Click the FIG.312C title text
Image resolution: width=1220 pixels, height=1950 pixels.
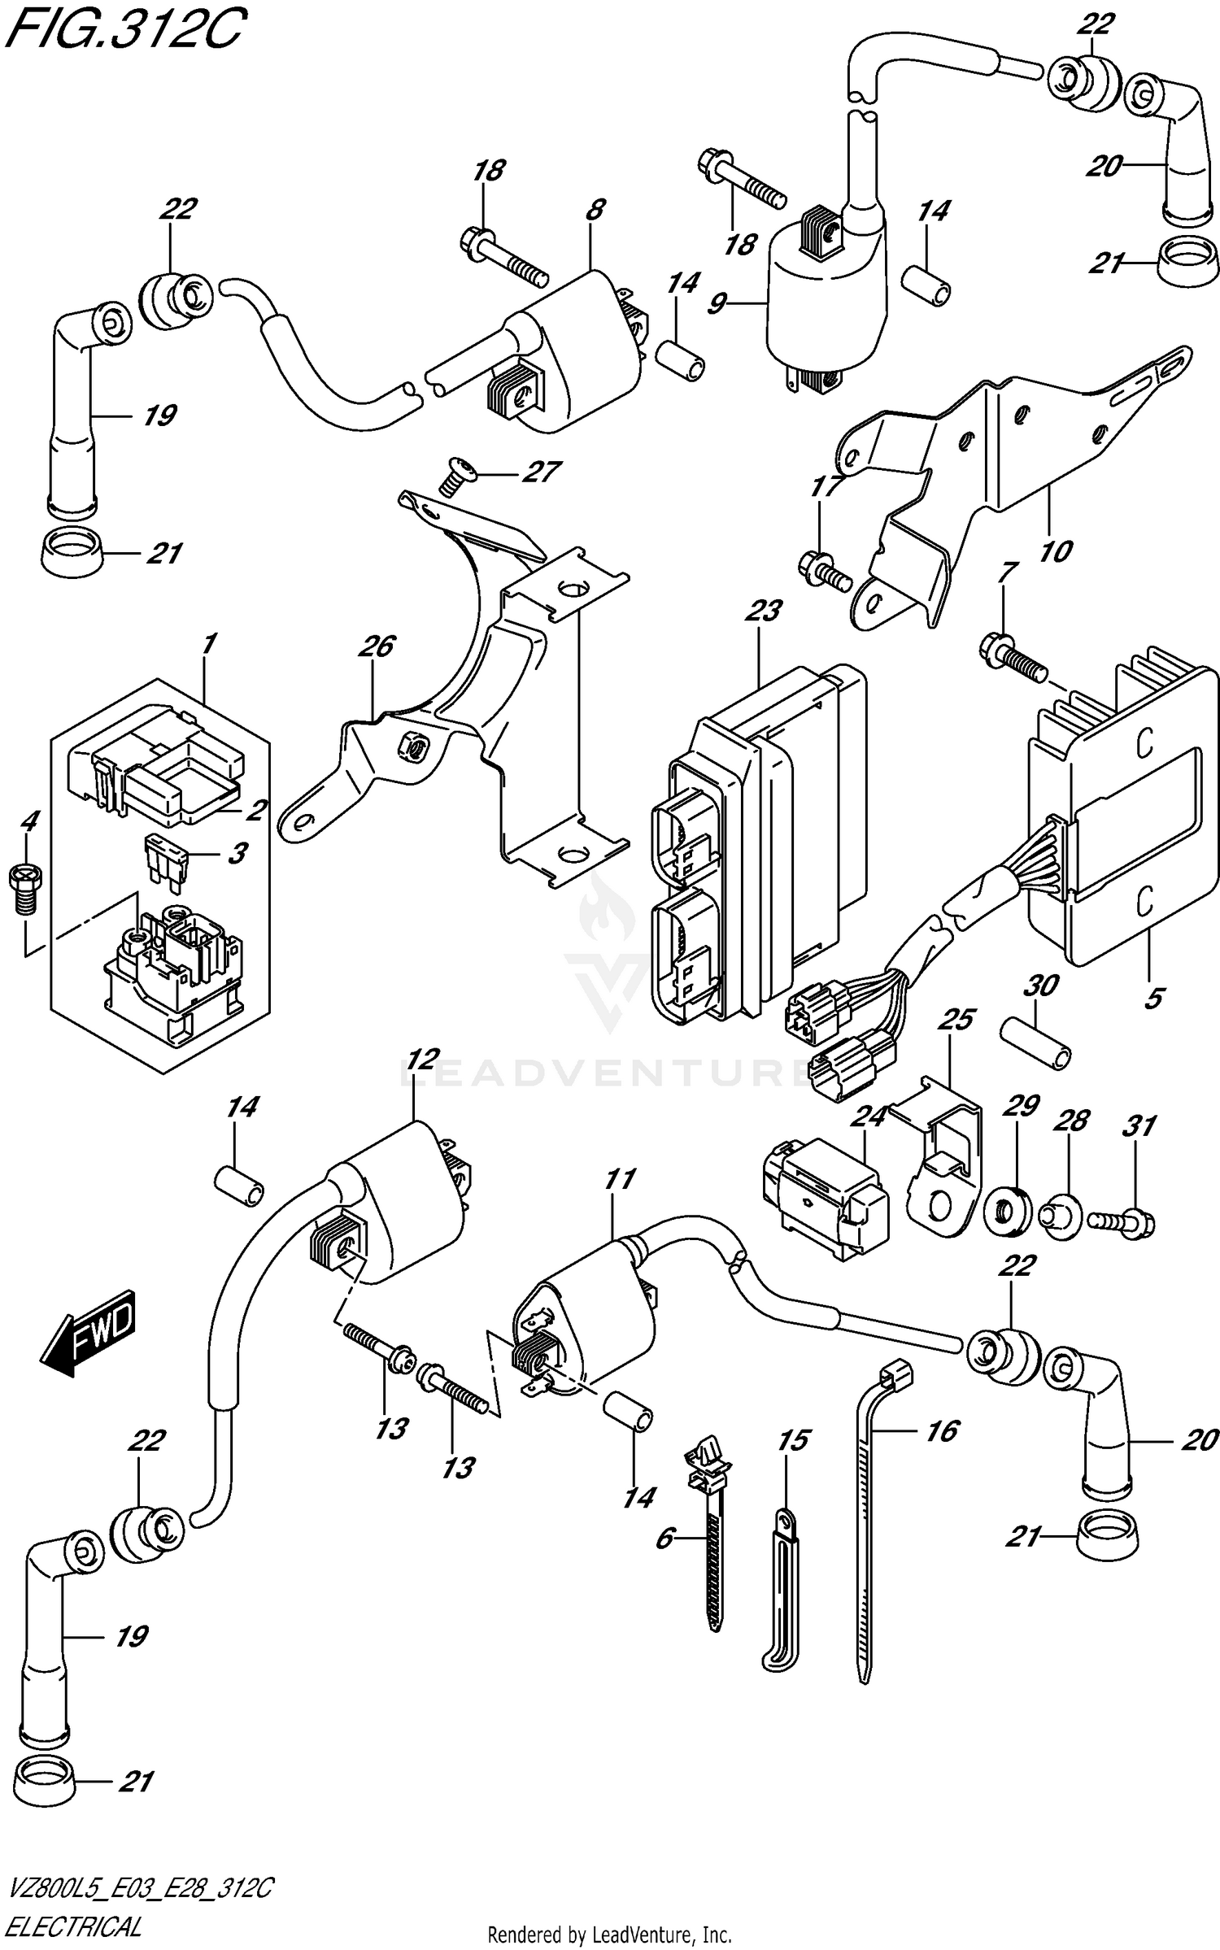coord(122,30)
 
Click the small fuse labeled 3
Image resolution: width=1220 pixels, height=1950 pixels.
coord(167,855)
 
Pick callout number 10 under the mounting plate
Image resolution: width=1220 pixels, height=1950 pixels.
coord(1055,552)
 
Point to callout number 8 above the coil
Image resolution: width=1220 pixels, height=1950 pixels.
coord(595,210)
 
